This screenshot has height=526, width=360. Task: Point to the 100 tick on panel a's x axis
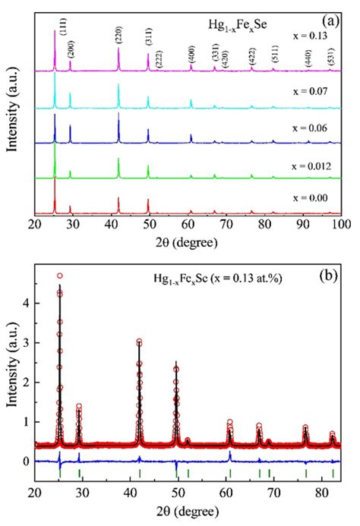[x=341, y=225]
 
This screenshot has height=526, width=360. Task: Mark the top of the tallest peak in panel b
[x=60, y=276]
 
